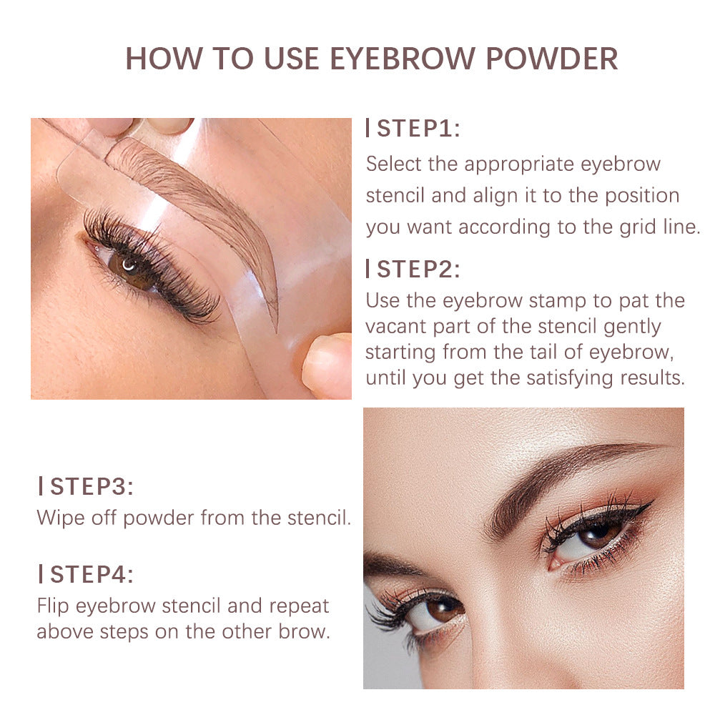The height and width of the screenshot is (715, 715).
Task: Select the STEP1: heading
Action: pyautogui.click(x=418, y=129)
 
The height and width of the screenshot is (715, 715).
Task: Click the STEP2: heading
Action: pyautogui.click(x=418, y=270)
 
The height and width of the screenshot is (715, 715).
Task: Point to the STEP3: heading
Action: pyautogui.click(x=92, y=487)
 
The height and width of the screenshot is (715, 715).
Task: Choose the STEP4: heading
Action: pyautogui.click(x=92, y=574)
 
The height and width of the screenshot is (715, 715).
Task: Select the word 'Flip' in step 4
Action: pyautogui.click(x=52, y=606)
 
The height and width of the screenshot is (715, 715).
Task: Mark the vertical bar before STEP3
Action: pyautogui.click(x=41, y=487)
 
